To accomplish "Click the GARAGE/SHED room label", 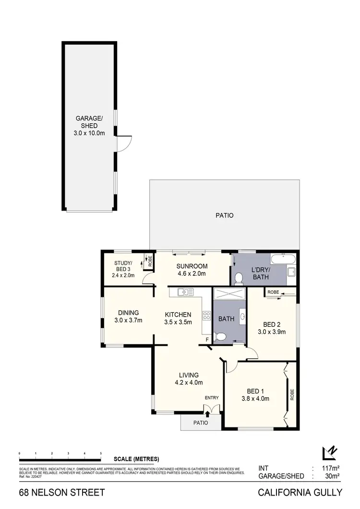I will pos(90,122).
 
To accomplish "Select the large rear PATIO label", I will pos(224,215).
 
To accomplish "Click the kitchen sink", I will pos(184,291).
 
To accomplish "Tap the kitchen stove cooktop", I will pos(207,316).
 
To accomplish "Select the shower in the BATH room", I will pos(228,294).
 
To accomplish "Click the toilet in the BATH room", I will pos(220,337).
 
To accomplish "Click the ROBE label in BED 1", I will pos(292,394).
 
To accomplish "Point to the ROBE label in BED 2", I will pos(274,292).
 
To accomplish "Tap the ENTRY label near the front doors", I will pos(211,398).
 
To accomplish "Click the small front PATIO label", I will pos(201,423).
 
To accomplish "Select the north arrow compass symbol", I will pos(330,453).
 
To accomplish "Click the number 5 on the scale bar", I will pos(101,453).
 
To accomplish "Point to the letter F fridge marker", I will pos(207,340).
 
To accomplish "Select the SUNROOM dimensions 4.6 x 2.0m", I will pos(192,274).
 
